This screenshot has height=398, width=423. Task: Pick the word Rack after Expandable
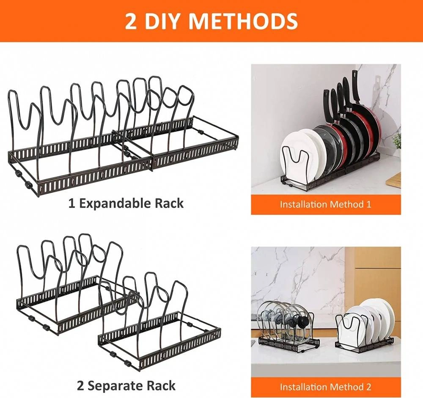[169, 203]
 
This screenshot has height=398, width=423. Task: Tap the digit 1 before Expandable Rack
[71, 203]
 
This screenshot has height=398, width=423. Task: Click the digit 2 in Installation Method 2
[368, 387]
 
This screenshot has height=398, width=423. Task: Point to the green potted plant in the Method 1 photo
[397, 142]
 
